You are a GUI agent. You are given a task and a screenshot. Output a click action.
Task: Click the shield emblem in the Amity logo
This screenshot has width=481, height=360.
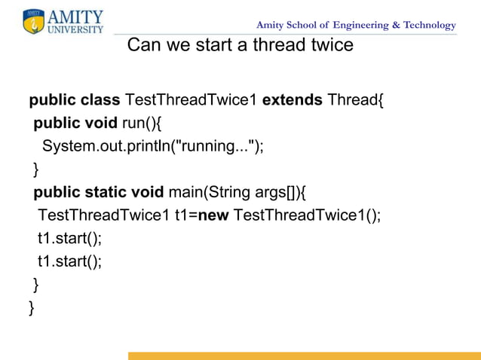tap(34, 22)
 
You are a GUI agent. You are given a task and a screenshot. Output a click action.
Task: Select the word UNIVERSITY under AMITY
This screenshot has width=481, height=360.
tap(75, 30)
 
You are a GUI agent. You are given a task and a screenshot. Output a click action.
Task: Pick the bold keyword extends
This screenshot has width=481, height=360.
tap(292, 100)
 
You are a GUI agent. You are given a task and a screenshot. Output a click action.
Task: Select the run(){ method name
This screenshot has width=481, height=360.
tap(142, 123)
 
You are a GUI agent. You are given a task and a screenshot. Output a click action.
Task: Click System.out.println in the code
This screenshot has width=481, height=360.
tap(106, 145)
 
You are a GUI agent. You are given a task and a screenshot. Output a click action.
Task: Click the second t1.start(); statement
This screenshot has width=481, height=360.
tap(69, 261)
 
